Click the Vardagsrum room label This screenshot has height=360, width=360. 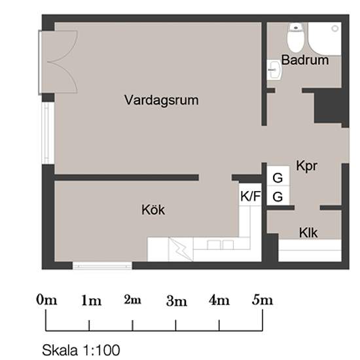pyautogui.click(x=161, y=101)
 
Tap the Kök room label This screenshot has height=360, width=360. pyautogui.click(x=153, y=210)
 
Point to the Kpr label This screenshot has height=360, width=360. pyautogui.click(x=306, y=166)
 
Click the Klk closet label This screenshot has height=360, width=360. pyautogui.click(x=308, y=232)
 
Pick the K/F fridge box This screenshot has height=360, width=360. pyautogui.click(x=250, y=195)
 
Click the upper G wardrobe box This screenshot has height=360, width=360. pyautogui.click(x=278, y=177)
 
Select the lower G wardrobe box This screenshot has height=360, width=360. pyautogui.click(x=278, y=196)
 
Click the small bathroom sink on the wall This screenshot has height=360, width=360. pyautogui.click(x=273, y=69)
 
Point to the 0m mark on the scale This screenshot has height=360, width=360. pyautogui.click(x=46, y=300)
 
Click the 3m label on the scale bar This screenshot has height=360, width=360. pyautogui.click(x=177, y=301)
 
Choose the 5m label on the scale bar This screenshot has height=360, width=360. pyautogui.click(x=262, y=300)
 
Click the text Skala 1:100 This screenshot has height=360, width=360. pyautogui.click(x=81, y=350)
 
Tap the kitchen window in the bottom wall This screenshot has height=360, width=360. pyautogui.click(x=101, y=266)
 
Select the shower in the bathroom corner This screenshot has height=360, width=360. pyautogui.click(x=325, y=39)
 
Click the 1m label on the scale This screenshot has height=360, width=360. pyautogui.click(x=91, y=301)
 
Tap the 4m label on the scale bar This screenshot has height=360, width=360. pyautogui.click(x=219, y=300)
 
